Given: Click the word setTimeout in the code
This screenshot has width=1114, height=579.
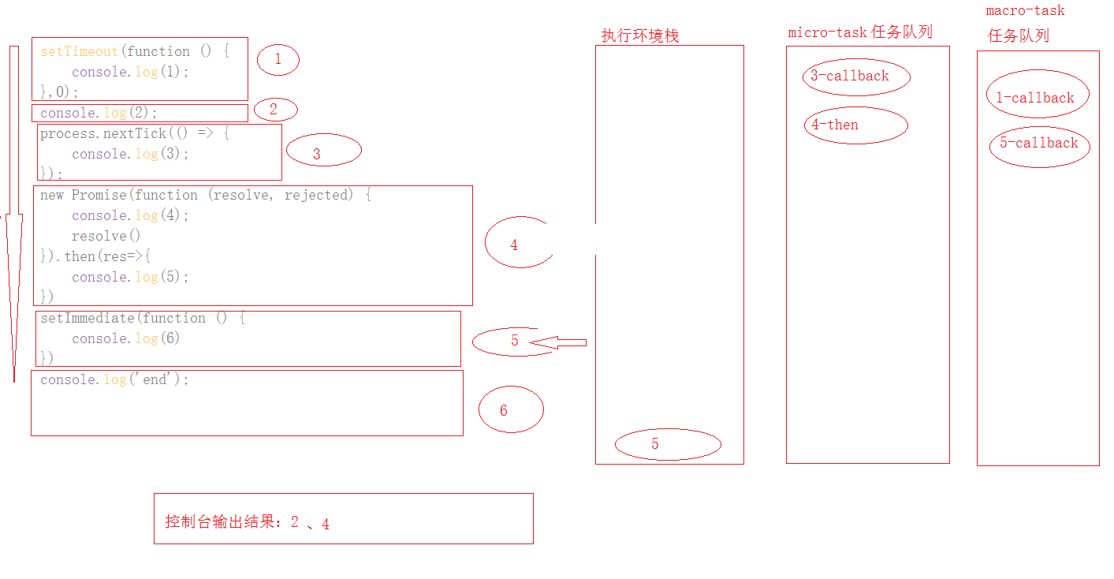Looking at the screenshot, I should click(x=79, y=52).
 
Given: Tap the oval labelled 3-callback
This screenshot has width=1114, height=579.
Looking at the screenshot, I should click(x=855, y=77).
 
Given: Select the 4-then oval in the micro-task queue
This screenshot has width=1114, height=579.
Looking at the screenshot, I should click(x=855, y=125).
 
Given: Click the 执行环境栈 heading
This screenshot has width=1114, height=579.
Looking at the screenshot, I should click(x=639, y=35).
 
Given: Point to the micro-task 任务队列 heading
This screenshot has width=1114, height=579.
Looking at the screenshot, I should click(x=860, y=32).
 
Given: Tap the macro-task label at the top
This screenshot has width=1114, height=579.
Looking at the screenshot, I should click(x=1025, y=11).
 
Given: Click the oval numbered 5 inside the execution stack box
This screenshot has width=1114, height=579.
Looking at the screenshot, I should click(x=667, y=445).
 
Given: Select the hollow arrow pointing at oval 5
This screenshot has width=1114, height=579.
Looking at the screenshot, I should click(x=558, y=342).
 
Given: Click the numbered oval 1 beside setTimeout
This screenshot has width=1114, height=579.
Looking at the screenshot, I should click(x=278, y=60).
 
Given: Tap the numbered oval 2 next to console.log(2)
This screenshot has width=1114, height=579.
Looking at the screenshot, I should click(x=273, y=110).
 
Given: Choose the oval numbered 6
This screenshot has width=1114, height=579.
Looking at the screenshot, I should click(x=511, y=410).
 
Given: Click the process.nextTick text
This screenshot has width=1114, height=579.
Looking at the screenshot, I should click(x=102, y=134).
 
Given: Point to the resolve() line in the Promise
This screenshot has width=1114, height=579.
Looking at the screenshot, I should click(x=106, y=236).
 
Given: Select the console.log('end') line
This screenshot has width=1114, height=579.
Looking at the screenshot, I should click(x=115, y=380).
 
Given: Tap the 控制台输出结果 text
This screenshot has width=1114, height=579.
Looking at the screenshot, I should click(x=226, y=522).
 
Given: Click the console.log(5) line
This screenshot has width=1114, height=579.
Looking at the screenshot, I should click(x=130, y=277).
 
